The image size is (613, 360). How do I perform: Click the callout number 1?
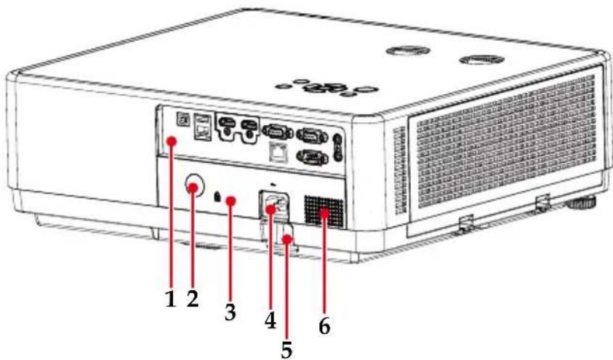(x=170, y=300)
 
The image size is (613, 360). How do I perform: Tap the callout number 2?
(x=193, y=300)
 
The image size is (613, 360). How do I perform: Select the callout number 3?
(x=231, y=311)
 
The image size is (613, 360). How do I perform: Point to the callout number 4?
(x=271, y=321)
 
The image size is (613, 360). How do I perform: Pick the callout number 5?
(x=287, y=349)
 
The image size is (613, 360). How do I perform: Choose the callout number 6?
(x=324, y=326)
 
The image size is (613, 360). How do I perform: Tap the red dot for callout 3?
(x=231, y=201)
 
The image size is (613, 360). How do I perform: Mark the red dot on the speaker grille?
(x=324, y=213)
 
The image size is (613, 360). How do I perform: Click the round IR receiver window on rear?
(x=195, y=185)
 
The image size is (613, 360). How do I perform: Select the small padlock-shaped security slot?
(x=217, y=196)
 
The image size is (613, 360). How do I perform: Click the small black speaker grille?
(x=324, y=212)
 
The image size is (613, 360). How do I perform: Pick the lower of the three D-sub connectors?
(x=312, y=158)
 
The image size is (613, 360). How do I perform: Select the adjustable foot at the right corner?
(x=580, y=202)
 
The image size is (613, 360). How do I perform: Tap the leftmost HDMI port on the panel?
(x=227, y=124)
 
